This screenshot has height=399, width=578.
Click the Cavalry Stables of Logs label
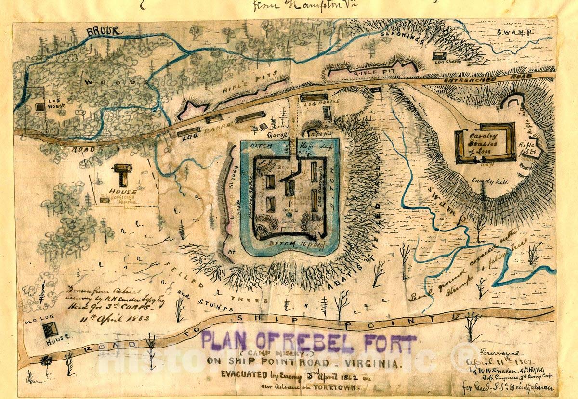click(x=485, y=142)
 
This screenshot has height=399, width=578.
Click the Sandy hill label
click(x=485, y=181)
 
